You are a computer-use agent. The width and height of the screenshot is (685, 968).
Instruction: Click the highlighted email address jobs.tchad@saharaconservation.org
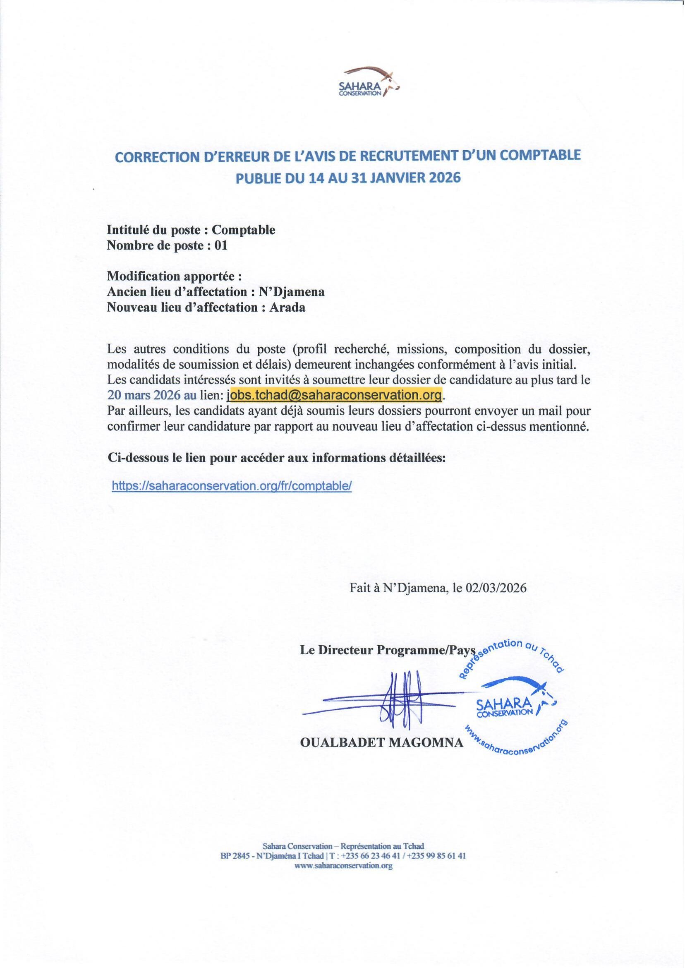tap(335, 395)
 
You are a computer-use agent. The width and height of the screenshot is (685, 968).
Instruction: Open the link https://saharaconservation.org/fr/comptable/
tap(232, 486)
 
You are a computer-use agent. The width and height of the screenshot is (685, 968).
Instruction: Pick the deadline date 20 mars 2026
tap(144, 395)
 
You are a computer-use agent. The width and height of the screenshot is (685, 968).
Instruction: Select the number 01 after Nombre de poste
tap(221, 245)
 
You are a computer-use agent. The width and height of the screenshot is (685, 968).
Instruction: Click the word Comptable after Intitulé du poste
tap(243, 230)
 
